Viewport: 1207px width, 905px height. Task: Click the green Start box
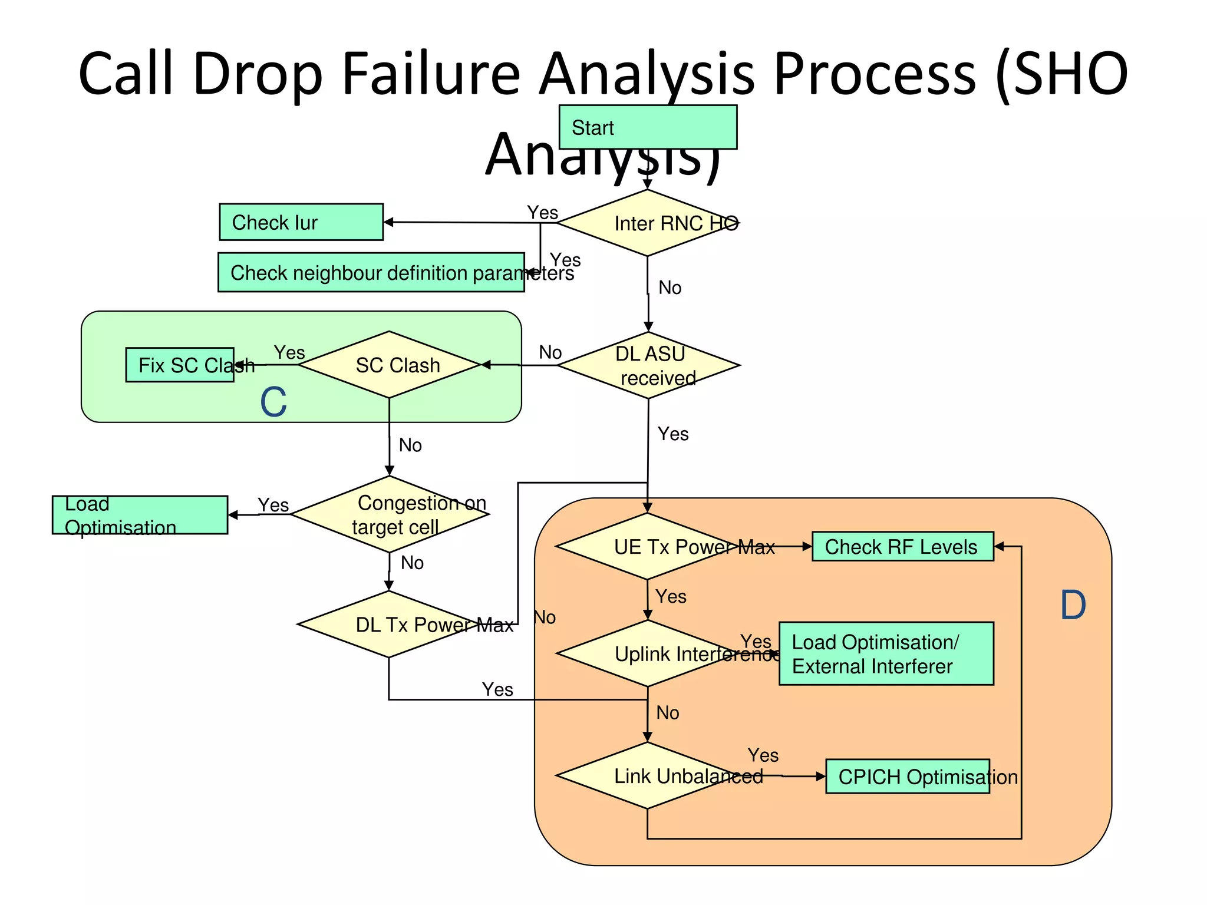[647, 127]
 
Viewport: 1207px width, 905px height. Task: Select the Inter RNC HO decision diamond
[647, 223]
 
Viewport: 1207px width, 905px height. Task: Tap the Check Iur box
[301, 222]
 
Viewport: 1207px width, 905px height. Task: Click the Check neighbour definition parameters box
[371, 272]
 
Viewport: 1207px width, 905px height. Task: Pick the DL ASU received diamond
[648, 365]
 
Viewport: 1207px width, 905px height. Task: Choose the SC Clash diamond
[389, 365]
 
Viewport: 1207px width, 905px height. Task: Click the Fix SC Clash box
[180, 365]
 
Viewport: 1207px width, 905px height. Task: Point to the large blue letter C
[273, 402]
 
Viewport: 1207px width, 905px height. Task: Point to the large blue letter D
[1073, 605]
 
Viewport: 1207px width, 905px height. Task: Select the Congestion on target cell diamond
[390, 514]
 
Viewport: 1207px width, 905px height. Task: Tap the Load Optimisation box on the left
[140, 515]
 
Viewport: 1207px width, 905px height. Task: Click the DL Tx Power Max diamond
[389, 625]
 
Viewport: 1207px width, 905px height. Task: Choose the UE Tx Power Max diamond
[647, 546]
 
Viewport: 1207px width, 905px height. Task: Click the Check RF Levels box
[902, 546]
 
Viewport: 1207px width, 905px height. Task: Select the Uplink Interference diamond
[647, 653]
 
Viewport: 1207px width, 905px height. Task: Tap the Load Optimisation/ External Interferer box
[886, 653]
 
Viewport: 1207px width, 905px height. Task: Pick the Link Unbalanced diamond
[647, 775]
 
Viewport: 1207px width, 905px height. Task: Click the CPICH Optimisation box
[907, 777]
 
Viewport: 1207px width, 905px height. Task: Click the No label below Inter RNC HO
[670, 288]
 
